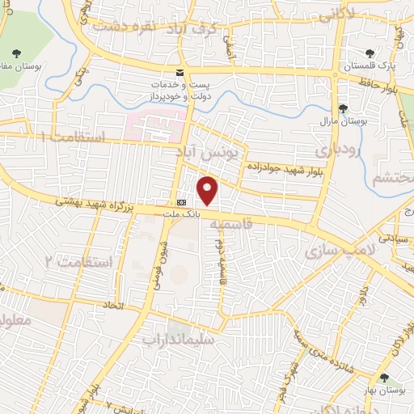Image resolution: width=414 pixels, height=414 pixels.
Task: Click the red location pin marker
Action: [x=209, y=190]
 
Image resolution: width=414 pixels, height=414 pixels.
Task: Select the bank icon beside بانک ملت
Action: [x=180, y=202]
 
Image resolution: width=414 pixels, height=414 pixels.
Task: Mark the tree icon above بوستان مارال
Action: [x=344, y=108]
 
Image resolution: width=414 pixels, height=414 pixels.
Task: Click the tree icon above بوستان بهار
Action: [x=384, y=378]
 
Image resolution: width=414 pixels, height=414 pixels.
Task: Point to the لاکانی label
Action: [x=336, y=15]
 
